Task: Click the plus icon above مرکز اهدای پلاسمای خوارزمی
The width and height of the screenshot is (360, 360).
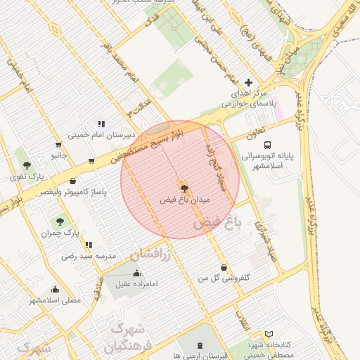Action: pyautogui.click(x=247, y=82)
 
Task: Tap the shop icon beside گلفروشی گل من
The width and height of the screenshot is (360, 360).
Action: pyautogui.click(x=224, y=267)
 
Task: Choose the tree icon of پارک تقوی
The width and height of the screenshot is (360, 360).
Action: pyautogui.click(x=27, y=165)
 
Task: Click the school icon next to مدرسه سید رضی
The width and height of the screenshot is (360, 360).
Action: pyautogui.click(x=89, y=245)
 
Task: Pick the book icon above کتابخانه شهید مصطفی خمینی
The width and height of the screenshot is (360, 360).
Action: pyautogui.click(x=269, y=335)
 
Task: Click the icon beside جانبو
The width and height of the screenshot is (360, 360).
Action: pyautogui.click(x=91, y=161)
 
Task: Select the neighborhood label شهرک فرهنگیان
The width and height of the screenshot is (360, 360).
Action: pyautogui.click(x=125, y=337)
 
